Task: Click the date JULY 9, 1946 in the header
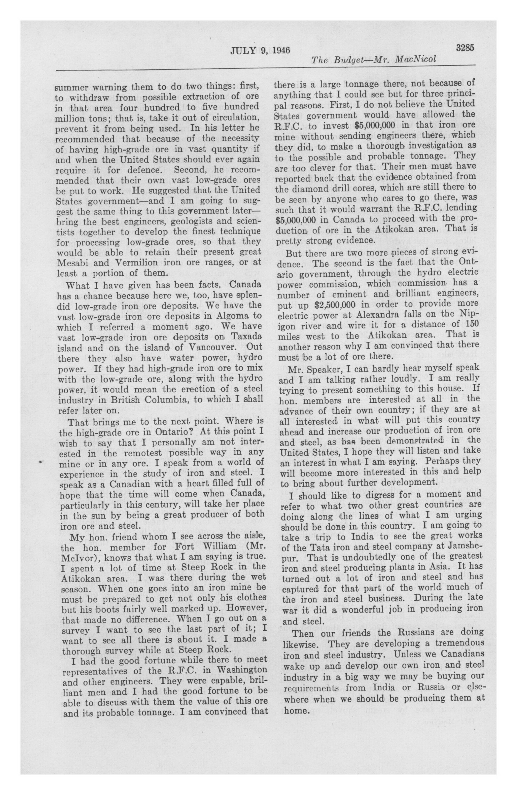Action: click(260, 50)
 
